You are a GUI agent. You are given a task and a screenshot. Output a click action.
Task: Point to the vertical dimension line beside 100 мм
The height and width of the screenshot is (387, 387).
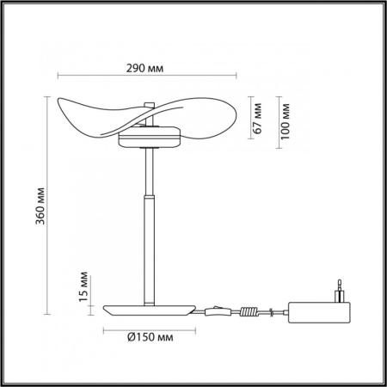pos(278,120)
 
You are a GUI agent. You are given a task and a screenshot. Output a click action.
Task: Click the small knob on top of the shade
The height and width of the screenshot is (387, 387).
pos(152,106)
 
